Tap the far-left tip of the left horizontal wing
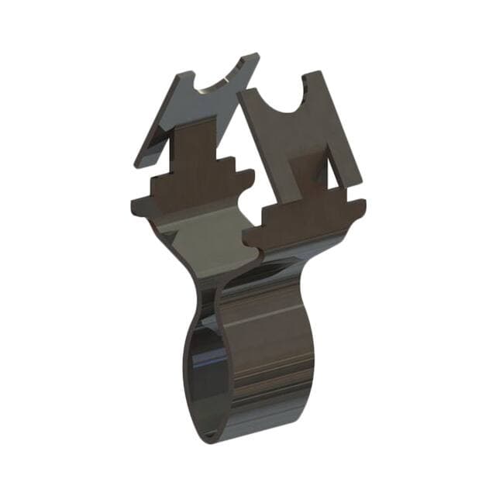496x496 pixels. click(132, 206)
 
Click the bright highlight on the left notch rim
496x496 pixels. click(203, 90)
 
